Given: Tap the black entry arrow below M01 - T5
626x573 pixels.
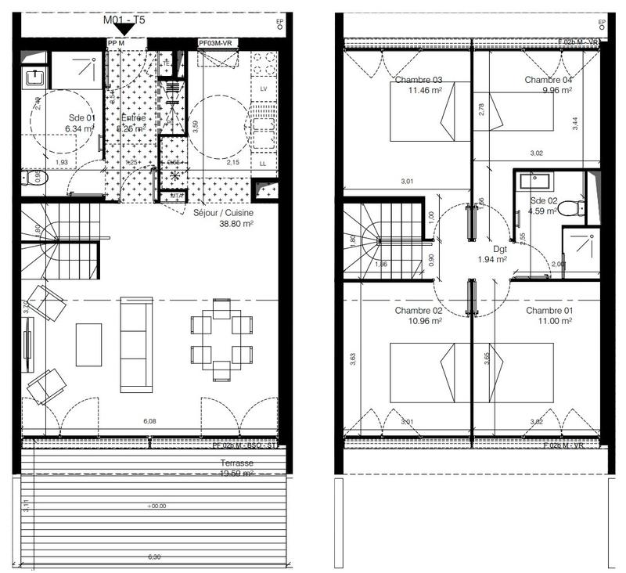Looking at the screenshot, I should point(124,29).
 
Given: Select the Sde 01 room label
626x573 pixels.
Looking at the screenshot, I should point(81,118).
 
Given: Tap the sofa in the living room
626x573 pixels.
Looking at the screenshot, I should point(135,344).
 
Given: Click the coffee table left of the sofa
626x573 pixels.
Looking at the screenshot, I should point(88,344).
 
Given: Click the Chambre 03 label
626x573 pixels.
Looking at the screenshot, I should point(419,80).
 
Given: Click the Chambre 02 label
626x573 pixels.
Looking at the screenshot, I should point(419,311).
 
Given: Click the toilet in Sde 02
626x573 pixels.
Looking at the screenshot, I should point(576,208).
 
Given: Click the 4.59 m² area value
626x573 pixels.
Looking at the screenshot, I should point(541,211).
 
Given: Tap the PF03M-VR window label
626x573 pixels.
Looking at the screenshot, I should point(217,44).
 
